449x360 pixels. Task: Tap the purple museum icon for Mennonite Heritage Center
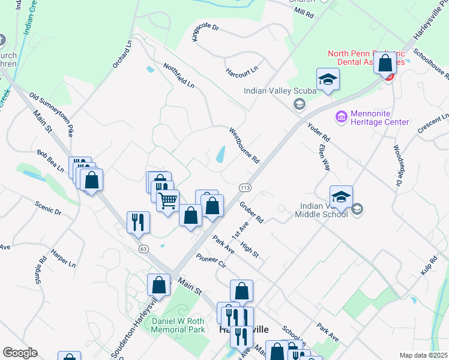[x=342, y=116]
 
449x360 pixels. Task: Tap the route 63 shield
[x=143, y=248]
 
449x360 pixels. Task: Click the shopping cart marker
[x=168, y=200]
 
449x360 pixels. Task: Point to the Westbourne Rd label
[x=244, y=146]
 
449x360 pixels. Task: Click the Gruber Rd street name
[x=252, y=212]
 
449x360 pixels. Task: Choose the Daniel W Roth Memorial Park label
[x=178, y=325]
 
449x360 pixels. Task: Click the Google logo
[x=20, y=353]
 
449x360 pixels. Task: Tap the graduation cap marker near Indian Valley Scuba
[x=328, y=80]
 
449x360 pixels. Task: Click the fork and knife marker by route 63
[x=138, y=222]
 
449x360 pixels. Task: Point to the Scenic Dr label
[x=48, y=208]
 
